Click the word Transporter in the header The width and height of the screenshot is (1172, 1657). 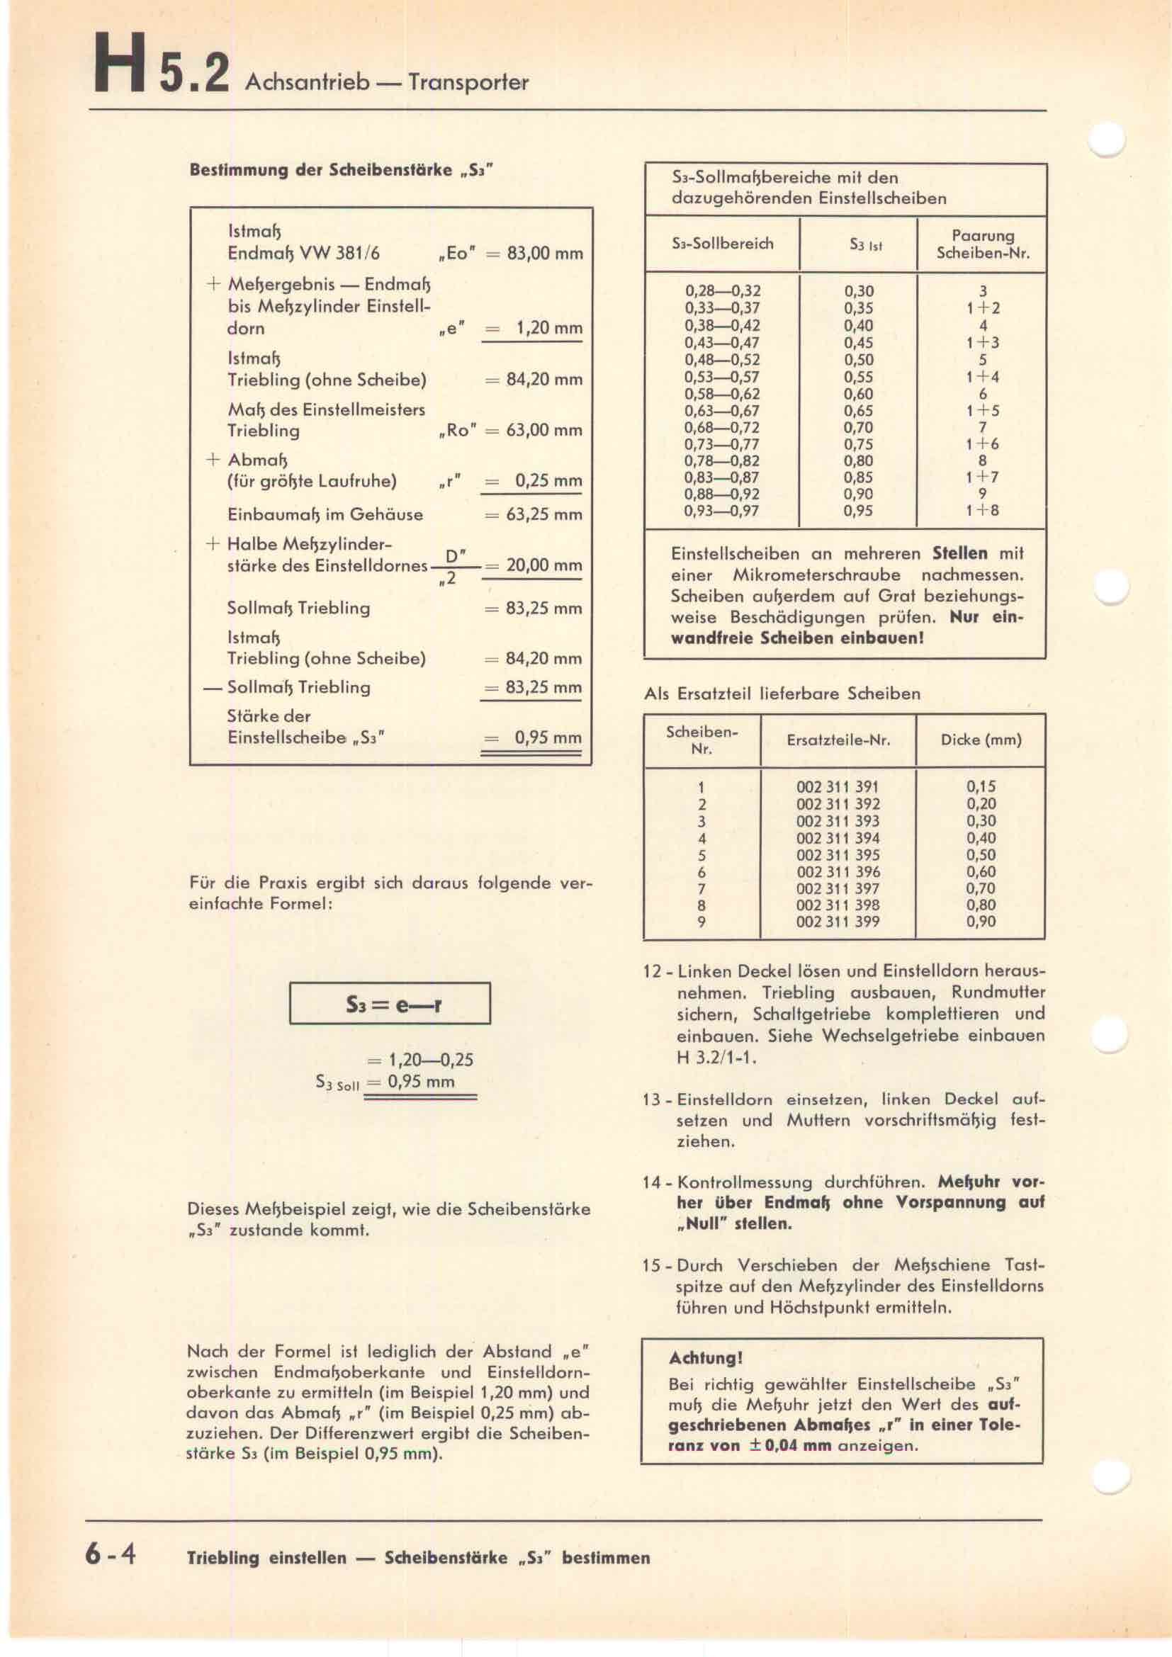click(x=468, y=82)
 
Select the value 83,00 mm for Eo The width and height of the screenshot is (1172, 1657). click(x=545, y=254)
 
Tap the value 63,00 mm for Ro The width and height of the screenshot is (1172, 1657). click(x=545, y=430)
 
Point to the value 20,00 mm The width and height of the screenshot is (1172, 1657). click(x=544, y=565)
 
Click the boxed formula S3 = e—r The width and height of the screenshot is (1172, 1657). click(x=390, y=1003)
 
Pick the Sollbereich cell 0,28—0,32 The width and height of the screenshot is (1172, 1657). click(x=721, y=291)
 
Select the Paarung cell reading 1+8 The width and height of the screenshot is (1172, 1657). click(x=982, y=510)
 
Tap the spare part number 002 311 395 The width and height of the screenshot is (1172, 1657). click(x=838, y=854)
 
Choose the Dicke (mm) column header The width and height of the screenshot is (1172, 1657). click(x=981, y=740)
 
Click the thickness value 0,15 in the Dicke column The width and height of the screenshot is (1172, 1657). click(x=981, y=786)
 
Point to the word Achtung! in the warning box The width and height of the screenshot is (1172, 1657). click(x=705, y=1357)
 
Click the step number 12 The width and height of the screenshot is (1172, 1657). click(x=652, y=971)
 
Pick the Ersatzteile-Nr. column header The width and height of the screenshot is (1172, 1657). click(x=838, y=740)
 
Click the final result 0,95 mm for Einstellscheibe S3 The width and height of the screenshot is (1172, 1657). click(x=548, y=737)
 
